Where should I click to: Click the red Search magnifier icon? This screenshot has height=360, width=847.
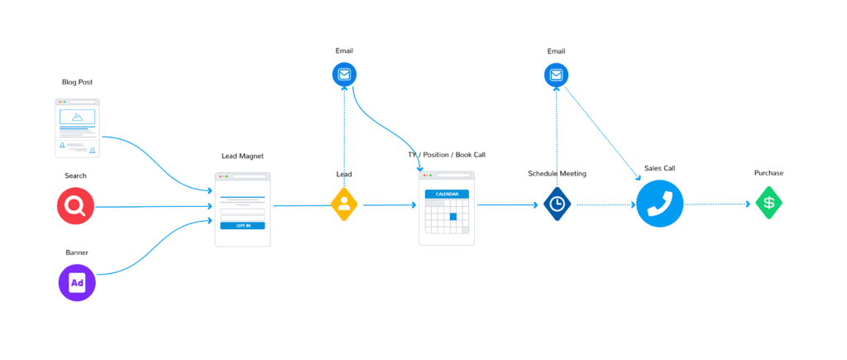coord(76,206)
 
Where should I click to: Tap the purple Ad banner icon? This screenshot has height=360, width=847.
coord(77,283)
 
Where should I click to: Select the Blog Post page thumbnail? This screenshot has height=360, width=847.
coord(77,128)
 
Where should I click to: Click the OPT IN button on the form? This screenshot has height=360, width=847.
coord(242,225)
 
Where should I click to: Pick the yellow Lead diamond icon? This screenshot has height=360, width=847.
coord(344,204)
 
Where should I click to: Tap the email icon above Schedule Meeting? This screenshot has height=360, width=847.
coord(556,76)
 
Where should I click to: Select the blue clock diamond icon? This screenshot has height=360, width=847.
coord(557,204)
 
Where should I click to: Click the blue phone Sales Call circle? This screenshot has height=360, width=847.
coord(659,204)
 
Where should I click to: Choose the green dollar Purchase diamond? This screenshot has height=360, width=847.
coord(768,204)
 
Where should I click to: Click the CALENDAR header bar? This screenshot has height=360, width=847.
coord(447,194)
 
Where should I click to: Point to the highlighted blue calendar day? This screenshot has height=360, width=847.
coord(452,217)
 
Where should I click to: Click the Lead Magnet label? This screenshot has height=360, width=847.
coord(242,156)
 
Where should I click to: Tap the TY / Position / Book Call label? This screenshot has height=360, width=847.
coord(447,156)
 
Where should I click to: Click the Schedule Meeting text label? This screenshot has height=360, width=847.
coord(557,174)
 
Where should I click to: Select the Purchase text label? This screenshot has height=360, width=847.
coord(768,173)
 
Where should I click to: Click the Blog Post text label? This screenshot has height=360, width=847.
coord(76,82)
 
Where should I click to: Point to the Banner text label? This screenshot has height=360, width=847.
coord(77,252)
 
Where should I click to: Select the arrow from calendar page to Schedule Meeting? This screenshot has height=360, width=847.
coord(506,204)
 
